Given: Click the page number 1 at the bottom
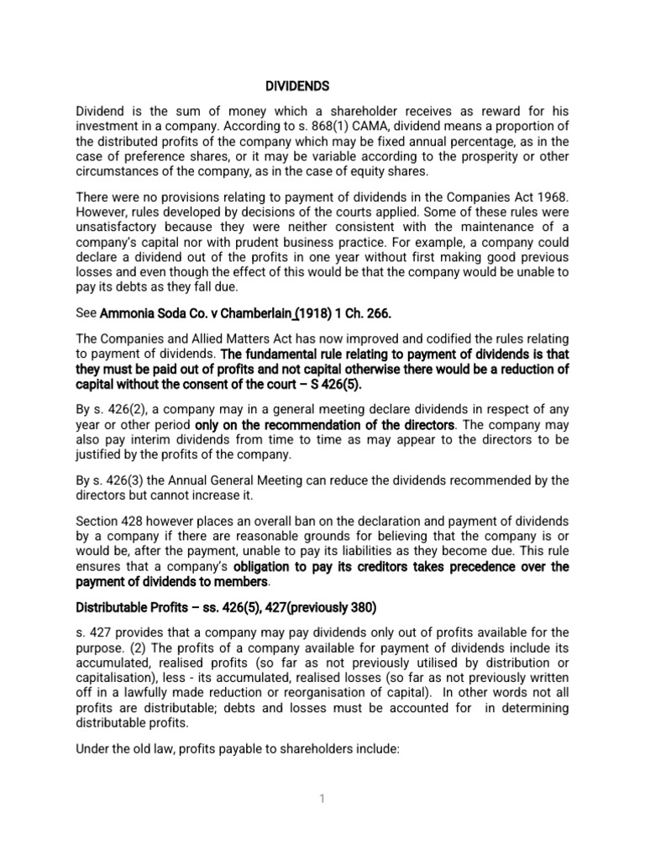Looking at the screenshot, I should pyautogui.click(x=322, y=799).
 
